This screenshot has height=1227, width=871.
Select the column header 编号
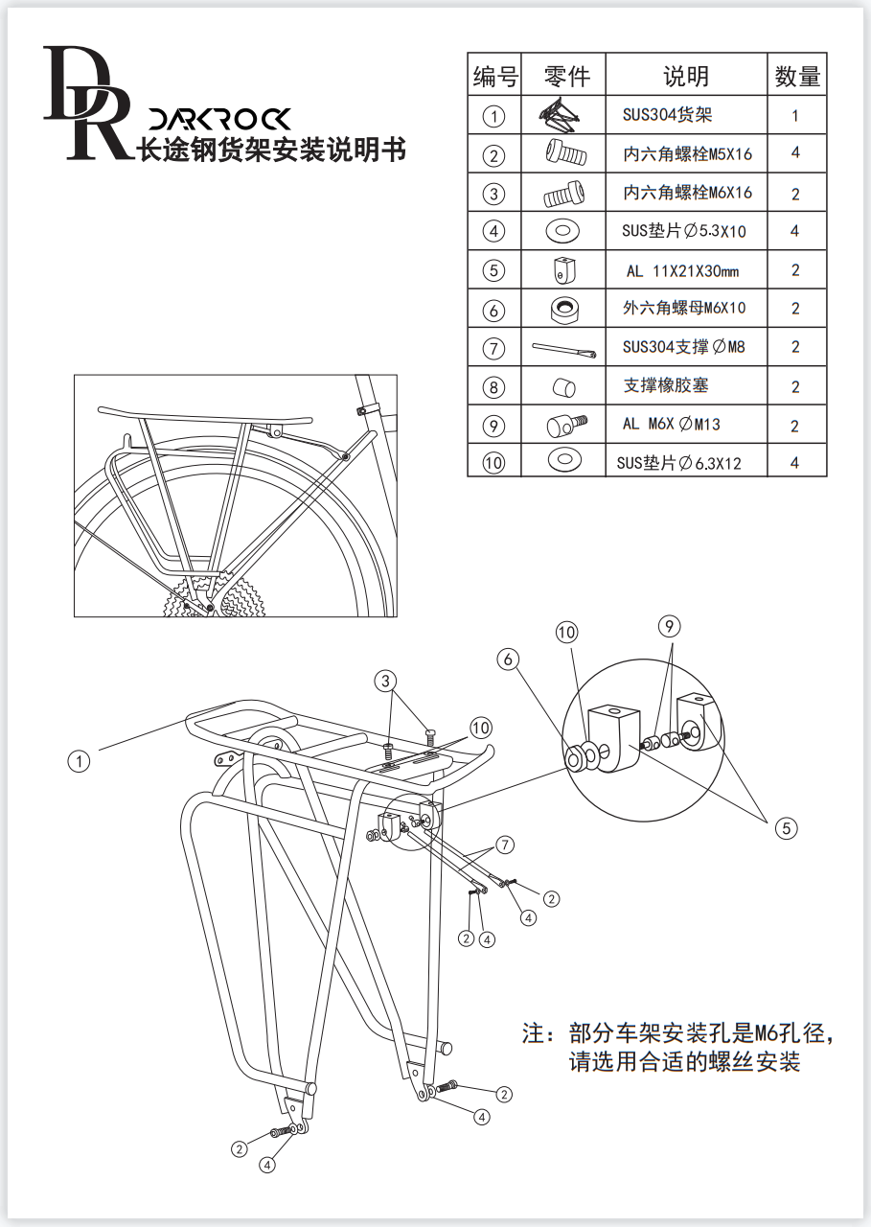pyautogui.click(x=494, y=76)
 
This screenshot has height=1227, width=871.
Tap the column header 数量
pyautogui.click(x=796, y=76)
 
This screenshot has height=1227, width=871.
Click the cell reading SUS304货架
pyautogui.click(x=667, y=116)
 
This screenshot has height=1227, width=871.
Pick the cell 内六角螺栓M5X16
pyautogui.click(x=687, y=153)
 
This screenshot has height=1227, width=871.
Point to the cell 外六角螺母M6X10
pyautogui.click(x=683, y=309)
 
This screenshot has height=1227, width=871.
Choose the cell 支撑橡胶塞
pyautogui.click(x=666, y=385)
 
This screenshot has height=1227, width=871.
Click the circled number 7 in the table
pyautogui.click(x=493, y=348)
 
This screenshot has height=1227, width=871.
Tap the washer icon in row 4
pyautogui.click(x=562, y=231)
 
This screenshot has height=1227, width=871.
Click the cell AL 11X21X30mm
pyautogui.click(x=682, y=271)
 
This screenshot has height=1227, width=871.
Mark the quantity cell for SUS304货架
pyautogui.click(x=795, y=116)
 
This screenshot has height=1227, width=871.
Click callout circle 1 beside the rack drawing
pyautogui.click(x=79, y=762)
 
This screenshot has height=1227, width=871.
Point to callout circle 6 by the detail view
pyautogui.click(x=509, y=659)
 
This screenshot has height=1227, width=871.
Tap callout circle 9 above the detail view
pyautogui.click(x=670, y=627)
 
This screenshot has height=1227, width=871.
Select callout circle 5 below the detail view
pyautogui.click(x=786, y=828)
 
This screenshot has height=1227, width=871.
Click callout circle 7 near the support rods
pyautogui.click(x=504, y=845)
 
